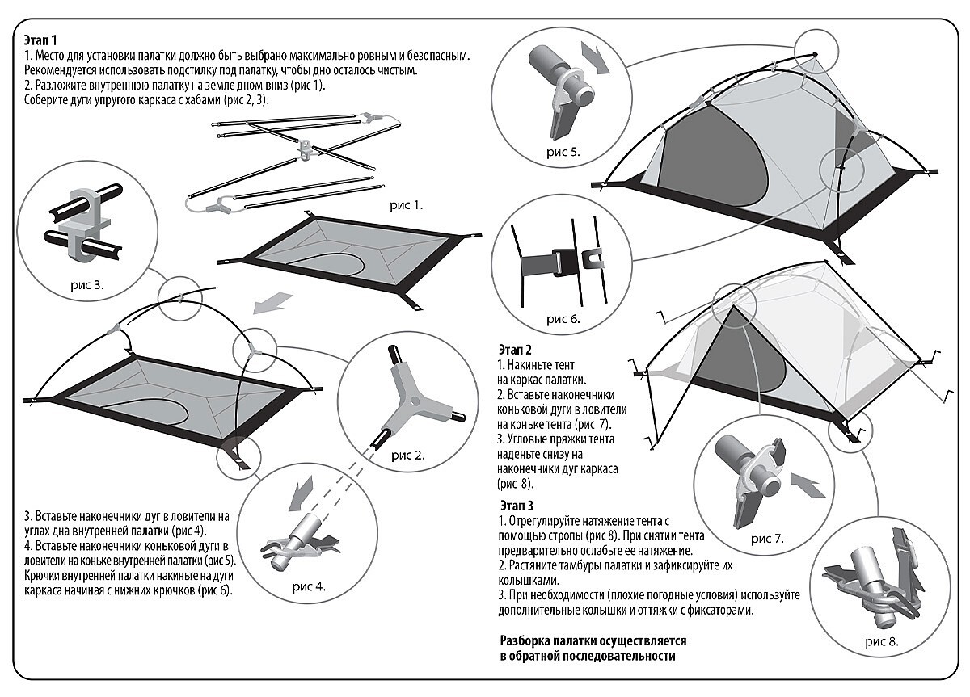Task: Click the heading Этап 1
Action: click(x=40, y=40)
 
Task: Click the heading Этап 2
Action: click(x=515, y=350)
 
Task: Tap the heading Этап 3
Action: click(x=517, y=506)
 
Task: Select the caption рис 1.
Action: click(x=406, y=205)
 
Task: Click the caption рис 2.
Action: click(x=408, y=456)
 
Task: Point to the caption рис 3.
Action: click(x=87, y=284)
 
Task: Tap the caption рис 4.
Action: click(x=309, y=586)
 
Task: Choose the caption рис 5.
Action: click(x=563, y=152)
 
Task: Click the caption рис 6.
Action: click(x=563, y=319)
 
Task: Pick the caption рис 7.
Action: click(x=767, y=539)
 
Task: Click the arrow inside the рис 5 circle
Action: click(x=595, y=57)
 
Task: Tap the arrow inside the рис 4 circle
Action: click(x=302, y=493)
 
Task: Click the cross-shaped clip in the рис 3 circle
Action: click(x=84, y=226)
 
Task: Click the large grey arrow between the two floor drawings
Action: click(x=273, y=302)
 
